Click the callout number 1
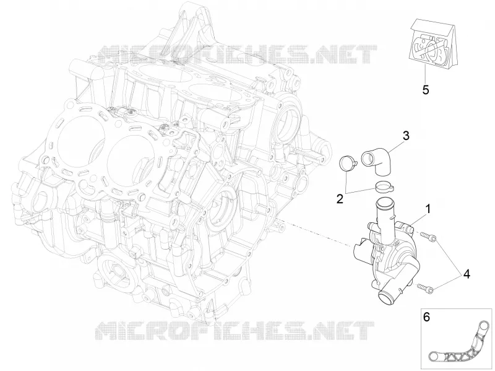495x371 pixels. [x=428, y=209]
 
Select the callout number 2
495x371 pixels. [x=340, y=199]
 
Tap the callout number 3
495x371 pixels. [x=406, y=136]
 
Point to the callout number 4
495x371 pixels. [x=467, y=274]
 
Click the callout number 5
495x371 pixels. [x=426, y=90]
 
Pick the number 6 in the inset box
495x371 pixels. [x=426, y=317]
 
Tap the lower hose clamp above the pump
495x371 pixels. [x=384, y=186]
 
